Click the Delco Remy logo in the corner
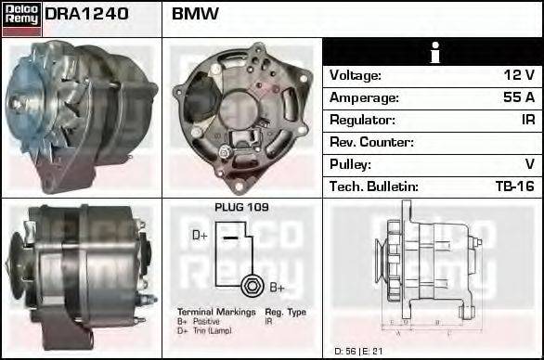coord(21,18)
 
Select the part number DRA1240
coord(86,15)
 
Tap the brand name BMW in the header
coord(195,15)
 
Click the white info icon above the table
coord(432,52)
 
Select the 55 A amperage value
coord(518,97)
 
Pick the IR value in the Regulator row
coord(526,120)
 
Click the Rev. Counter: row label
coord(371,142)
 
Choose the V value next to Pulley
coord(529,164)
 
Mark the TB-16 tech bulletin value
coord(514,186)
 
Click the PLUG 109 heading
coord(241,207)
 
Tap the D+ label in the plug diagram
coord(200,236)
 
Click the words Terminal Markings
coord(215,312)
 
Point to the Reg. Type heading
coord(285,312)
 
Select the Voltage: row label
coord(356,75)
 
